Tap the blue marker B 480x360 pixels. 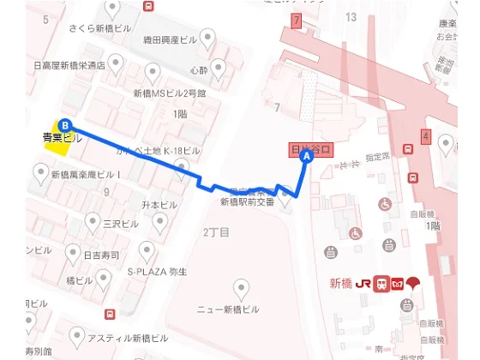point(65,123)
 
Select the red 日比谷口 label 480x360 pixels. point(311,149)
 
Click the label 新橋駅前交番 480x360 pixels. point(247,202)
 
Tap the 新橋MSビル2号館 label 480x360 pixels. point(169,94)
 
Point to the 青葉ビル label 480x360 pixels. point(62,137)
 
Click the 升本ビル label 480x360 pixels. point(159,206)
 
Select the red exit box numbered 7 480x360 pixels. point(297,20)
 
